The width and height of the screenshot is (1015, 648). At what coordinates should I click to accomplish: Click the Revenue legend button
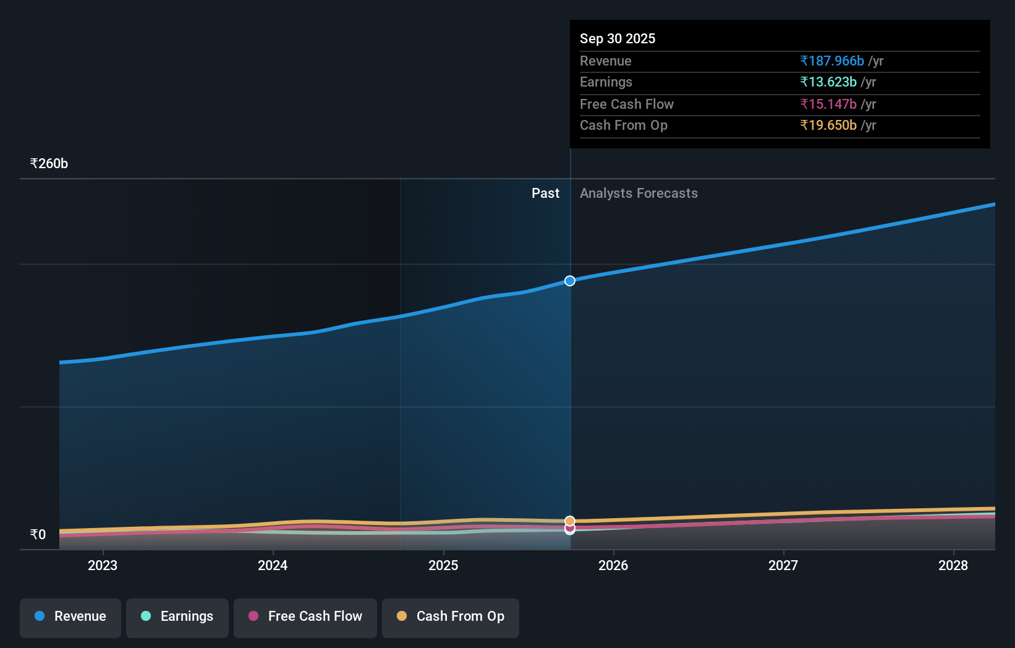(70, 617)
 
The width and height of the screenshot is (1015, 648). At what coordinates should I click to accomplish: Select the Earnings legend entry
(177, 617)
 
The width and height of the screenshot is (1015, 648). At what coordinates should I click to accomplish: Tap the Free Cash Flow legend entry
(305, 617)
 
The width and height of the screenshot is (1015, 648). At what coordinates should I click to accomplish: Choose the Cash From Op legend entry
(451, 617)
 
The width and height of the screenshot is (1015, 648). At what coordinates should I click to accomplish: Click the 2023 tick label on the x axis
(103, 566)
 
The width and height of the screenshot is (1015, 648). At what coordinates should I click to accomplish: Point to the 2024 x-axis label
(273, 566)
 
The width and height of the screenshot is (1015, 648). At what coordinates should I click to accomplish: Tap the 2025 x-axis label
(443, 566)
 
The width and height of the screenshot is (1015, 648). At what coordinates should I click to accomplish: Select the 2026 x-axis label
(613, 566)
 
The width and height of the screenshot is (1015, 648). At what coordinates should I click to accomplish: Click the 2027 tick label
(783, 566)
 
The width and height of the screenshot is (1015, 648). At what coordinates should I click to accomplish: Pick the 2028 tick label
(953, 566)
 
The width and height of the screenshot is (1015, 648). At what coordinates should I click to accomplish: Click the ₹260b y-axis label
(49, 164)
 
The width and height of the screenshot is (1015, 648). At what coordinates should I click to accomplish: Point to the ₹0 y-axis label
(38, 535)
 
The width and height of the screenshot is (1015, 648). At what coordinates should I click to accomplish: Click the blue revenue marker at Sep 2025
(570, 281)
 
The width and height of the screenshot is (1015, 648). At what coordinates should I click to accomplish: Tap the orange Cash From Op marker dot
(570, 521)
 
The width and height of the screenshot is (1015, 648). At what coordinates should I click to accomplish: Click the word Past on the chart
(545, 194)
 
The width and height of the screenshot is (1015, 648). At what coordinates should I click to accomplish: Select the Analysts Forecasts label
(639, 194)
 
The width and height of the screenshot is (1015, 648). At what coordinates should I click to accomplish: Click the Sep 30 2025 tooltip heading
(618, 38)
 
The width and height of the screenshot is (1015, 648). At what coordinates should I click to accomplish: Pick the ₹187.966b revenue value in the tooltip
(832, 61)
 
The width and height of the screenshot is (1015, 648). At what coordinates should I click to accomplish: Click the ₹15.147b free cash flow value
(828, 104)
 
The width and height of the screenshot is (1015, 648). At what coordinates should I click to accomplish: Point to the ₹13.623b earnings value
(828, 82)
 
